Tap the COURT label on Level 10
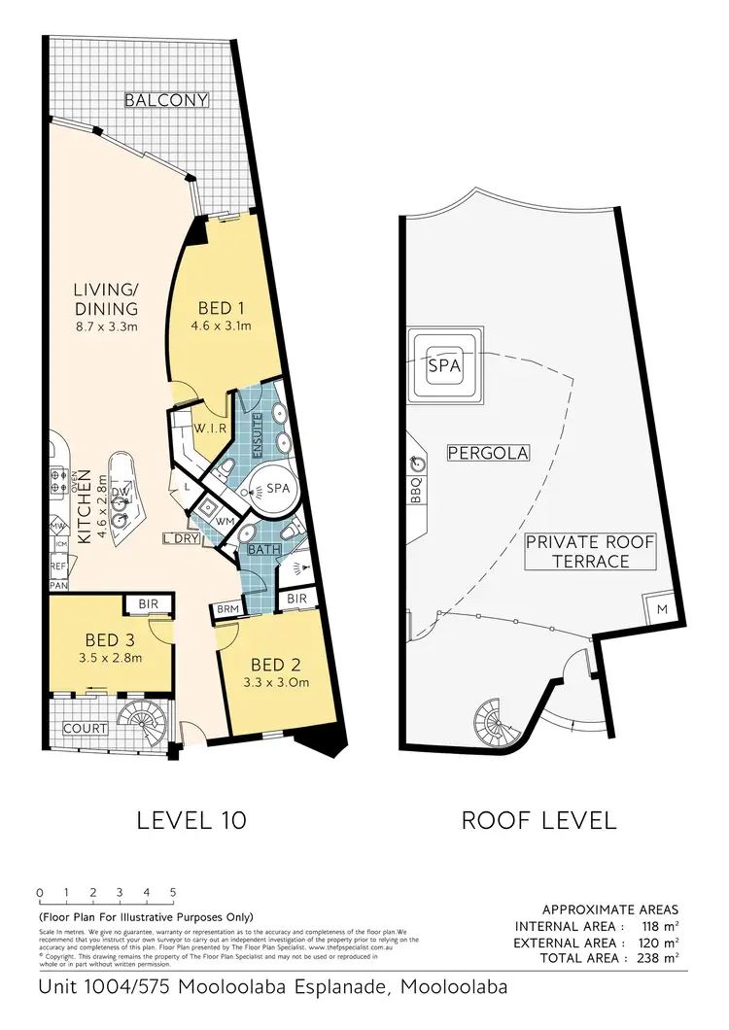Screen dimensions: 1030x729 click(x=85, y=728)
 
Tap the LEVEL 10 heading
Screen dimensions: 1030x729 click(x=191, y=819)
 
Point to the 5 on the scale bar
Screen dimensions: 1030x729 click(x=173, y=892)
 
